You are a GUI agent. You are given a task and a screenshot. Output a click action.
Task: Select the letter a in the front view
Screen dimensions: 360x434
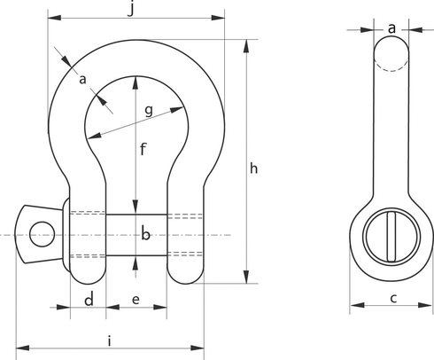(x=84, y=81)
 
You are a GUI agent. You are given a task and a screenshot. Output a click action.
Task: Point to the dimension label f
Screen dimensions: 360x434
(x=142, y=150)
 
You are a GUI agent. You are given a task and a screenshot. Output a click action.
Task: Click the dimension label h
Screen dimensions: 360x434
(x=255, y=168)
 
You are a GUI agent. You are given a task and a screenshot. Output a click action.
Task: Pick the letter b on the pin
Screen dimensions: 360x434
(x=147, y=235)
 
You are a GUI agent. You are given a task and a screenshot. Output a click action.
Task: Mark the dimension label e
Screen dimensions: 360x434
(x=136, y=300)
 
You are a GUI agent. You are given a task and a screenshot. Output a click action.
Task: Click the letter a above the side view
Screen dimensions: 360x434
(x=391, y=27)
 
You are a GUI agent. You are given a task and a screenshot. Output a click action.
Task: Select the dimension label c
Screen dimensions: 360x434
(x=392, y=298)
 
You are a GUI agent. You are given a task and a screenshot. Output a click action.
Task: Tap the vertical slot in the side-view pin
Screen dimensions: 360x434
(x=391, y=235)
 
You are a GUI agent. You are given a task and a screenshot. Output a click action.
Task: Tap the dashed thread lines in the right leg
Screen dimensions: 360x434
(x=183, y=235)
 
